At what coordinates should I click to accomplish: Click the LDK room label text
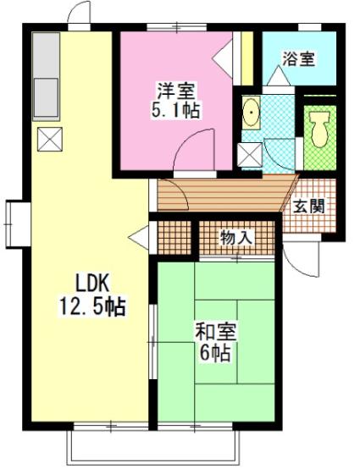coord(81,283)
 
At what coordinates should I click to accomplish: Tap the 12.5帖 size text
coord(91,306)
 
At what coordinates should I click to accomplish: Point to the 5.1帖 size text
coord(176,110)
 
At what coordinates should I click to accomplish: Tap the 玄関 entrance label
coord(309,206)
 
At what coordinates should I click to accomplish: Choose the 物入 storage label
coord(236,237)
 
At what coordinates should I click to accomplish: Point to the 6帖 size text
coord(216,354)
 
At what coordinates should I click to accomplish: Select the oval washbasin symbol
coord(252,114)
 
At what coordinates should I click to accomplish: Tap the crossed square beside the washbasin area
coord(249,156)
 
